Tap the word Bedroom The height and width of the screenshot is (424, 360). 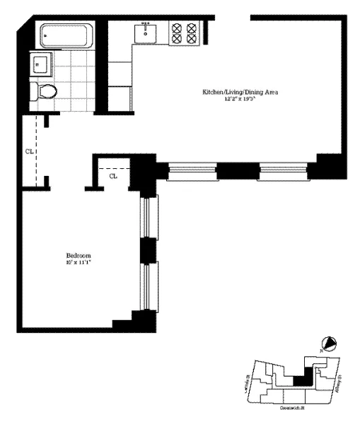click(79, 255)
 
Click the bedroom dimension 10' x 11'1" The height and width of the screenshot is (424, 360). click(79, 262)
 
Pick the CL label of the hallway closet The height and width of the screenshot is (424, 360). click(29, 150)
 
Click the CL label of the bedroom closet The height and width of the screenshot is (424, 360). click(113, 176)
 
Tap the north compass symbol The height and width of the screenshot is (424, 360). click(330, 344)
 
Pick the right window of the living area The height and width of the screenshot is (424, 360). click(282, 170)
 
